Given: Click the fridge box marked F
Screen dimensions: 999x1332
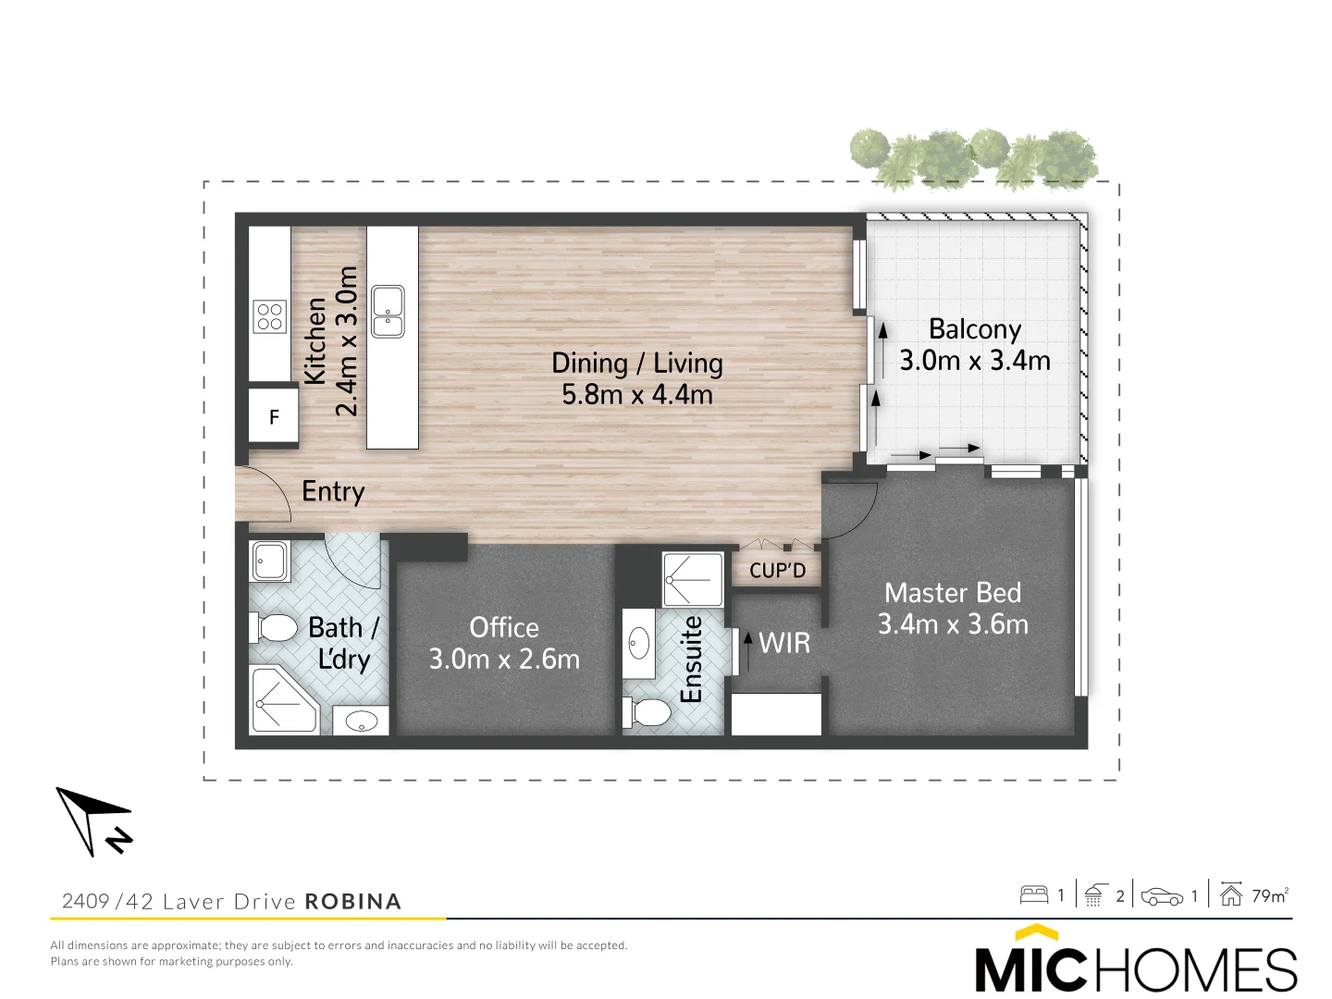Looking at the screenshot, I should click(x=274, y=417).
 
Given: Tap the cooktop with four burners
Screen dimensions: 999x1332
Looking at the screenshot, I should click(x=270, y=316).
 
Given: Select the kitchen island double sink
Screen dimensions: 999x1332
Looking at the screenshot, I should click(x=388, y=312).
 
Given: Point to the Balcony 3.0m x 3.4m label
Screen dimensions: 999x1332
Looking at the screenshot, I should click(x=975, y=345).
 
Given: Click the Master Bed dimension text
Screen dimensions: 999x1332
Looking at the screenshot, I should click(x=953, y=624).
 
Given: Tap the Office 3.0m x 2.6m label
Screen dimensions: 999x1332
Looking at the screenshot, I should click(x=504, y=643).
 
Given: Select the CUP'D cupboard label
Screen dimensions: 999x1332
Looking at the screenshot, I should click(x=777, y=571).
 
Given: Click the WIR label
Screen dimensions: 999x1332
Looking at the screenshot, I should click(x=783, y=643).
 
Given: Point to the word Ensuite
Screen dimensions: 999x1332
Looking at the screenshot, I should click(x=692, y=659).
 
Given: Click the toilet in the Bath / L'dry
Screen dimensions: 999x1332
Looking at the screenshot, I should click(x=275, y=627).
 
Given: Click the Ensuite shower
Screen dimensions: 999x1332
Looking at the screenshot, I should click(x=693, y=579).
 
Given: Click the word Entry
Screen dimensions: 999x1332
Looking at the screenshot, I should click(x=333, y=491).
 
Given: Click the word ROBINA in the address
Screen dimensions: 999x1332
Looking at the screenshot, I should click(x=352, y=902).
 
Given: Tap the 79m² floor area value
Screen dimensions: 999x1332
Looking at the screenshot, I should click(x=1269, y=895).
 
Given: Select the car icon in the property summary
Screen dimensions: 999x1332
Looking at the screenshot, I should click(x=1162, y=896).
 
